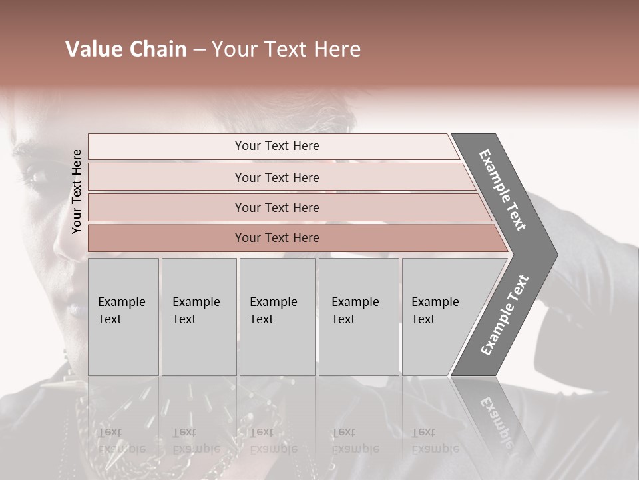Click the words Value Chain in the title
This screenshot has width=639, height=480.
(126, 49)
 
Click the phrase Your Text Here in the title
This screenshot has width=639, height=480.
(286, 49)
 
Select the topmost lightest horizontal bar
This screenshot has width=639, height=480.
(166, 147)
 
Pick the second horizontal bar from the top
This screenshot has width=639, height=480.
(166, 177)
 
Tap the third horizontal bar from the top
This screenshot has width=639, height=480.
(166, 207)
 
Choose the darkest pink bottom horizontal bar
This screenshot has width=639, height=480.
(166, 238)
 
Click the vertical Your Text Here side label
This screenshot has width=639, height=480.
(77, 191)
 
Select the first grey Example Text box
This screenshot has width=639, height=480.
(123, 317)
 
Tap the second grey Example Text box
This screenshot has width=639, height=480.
(198, 317)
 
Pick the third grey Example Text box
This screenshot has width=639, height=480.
(277, 317)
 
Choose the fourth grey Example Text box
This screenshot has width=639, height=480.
(358, 317)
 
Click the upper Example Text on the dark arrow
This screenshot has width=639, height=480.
(503, 190)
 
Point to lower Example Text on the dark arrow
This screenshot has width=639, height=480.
(505, 315)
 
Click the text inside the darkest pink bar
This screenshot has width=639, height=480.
(277, 238)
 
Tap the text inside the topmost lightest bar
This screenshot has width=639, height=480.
(277, 146)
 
